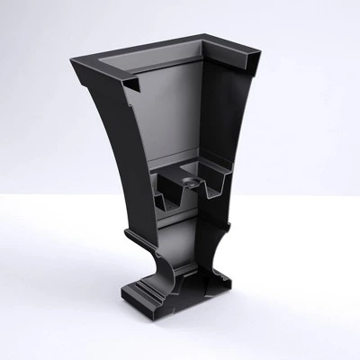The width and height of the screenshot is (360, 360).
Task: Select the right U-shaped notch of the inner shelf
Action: tap(214, 187)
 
